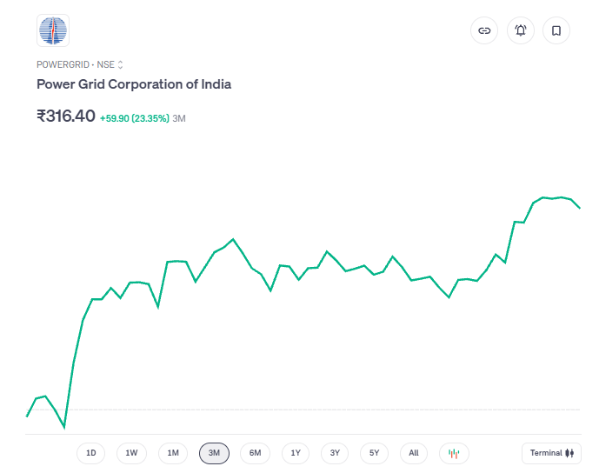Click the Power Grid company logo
pyautogui.click(x=52, y=31)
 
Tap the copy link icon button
pyautogui.click(x=484, y=30)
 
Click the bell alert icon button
pyautogui.click(x=521, y=30)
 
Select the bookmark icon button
pyautogui.click(x=556, y=30)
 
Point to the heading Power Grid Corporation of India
pyautogui.click(x=134, y=84)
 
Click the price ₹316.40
pyautogui.click(x=66, y=116)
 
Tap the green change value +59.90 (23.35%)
pyautogui.click(x=135, y=118)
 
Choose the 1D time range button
pyautogui.click(x=90, y=453)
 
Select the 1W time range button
pyautogui.click(x=131, y=453)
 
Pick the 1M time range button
pyautogui.click(x=173, y=453)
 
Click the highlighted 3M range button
pyautogui.click(x=214, y=453)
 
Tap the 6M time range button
pyautogui.click(x=255, y=453)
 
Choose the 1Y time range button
pyautogui.click(x=296, y=453)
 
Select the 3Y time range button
pyautogui.click(x=335, y=453)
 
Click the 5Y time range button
pyautogui.click(x=374, y=453)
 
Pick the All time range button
pyautogui.click(x=414, y=453)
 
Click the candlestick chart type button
pyautogui.click(x=454, y=453)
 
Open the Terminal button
pyautogui.click(x=552, y=453)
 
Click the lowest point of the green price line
pyautogui.click(x=64, y=428)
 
